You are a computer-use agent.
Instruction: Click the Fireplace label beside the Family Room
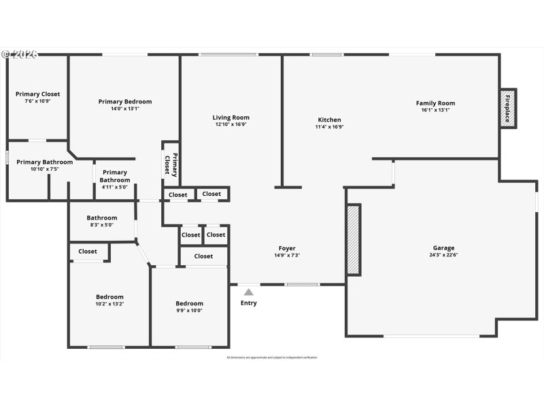coord(508,107)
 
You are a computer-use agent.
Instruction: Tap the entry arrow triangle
coord(249,292)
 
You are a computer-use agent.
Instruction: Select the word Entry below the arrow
coord(249,303)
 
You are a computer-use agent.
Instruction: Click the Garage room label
coord(443,248)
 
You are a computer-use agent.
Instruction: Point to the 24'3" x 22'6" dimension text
coord(443,256)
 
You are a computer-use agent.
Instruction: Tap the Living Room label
coord(231,118)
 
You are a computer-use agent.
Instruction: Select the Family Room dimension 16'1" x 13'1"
coord(435,110)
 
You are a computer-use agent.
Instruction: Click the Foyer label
coord(287,248)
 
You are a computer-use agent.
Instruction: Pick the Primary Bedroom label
coord(124,101)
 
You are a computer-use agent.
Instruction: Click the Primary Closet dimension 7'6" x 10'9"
coord(37,101)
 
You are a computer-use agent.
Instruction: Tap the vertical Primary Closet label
coord(171,165)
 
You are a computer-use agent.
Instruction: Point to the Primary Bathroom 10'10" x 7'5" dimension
coord(44,169)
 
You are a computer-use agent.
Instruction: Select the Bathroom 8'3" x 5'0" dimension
coord(101,225)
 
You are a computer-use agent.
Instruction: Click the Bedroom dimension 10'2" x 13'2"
coord(109,304)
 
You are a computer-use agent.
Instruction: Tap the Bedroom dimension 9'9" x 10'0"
coord(189,311)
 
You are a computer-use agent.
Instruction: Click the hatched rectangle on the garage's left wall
coord(353,239)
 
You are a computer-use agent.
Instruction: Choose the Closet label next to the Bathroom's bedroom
coord(88,252)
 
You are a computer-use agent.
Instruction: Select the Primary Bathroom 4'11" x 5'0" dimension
coord(115,187)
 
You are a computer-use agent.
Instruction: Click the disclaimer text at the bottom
coord(272,357)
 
